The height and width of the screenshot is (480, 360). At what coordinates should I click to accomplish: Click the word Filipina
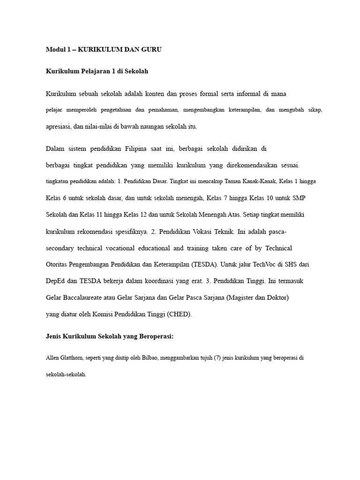pos(136,149)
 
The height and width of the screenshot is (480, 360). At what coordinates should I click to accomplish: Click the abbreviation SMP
pos(300,198)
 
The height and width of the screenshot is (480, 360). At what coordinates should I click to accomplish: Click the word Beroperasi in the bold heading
pos(155,337)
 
